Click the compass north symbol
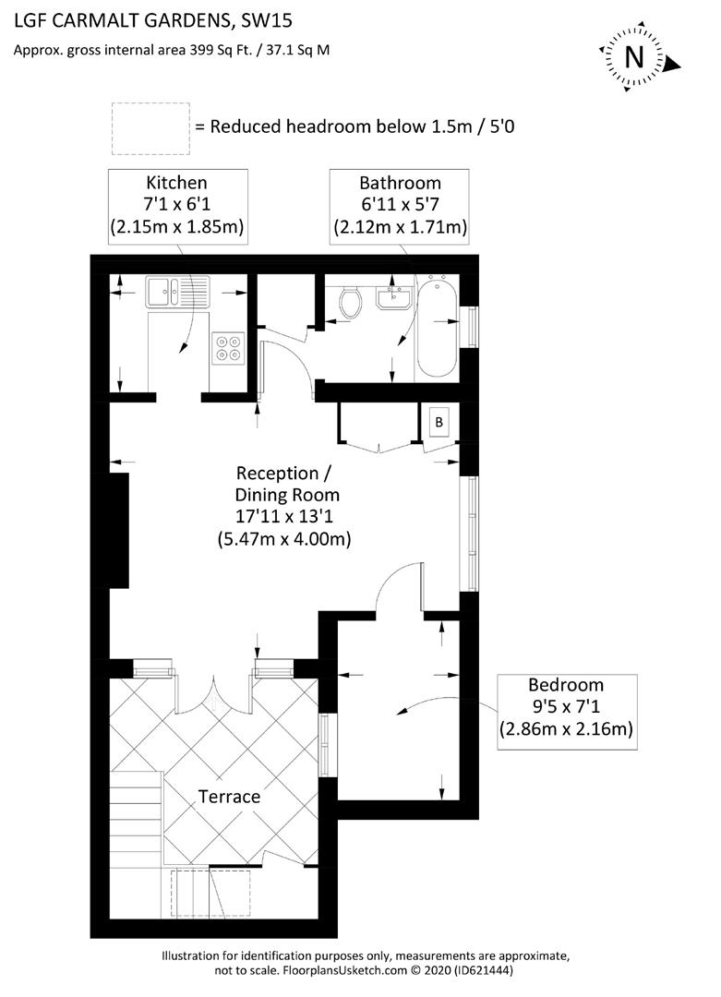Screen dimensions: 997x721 [x=634, y=57]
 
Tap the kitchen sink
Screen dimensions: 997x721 [x=174, y=293]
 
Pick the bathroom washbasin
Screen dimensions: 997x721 [x=398, y=296]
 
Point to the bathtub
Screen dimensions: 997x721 [x=435, y=327]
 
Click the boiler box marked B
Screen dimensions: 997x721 [x=439, y=423]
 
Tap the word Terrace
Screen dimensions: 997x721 [x=230, y=796]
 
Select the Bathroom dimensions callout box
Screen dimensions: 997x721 [x=400, y=205]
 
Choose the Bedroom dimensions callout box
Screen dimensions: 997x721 [x=566, y=707]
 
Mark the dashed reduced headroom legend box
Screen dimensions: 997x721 [x=150, y=128]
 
